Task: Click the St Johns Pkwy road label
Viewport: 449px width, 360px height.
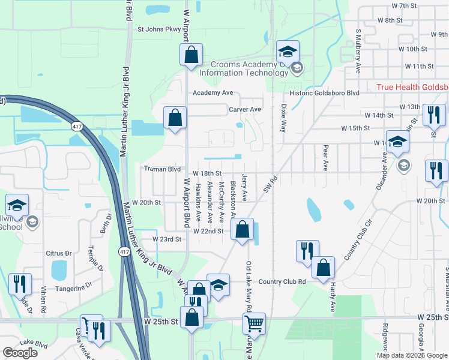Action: pos(158,28)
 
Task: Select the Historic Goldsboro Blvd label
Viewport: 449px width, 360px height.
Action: pos(325,93)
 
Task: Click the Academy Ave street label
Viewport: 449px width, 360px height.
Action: pos(212,93)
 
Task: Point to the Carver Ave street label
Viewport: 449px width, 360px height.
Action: pos(245,109)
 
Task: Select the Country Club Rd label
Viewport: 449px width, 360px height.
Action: pos(282,281)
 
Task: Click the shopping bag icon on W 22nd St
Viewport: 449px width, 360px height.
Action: pos(242,229)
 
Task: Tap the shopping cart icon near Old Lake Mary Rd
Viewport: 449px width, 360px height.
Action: pos(255,323)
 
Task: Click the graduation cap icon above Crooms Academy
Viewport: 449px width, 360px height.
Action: pos(288,51)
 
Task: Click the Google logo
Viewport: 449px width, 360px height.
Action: pos(19,353)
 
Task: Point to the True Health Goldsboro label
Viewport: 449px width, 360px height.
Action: pos(412,87)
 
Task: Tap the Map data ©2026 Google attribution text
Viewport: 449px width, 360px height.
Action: pos(412,355)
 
